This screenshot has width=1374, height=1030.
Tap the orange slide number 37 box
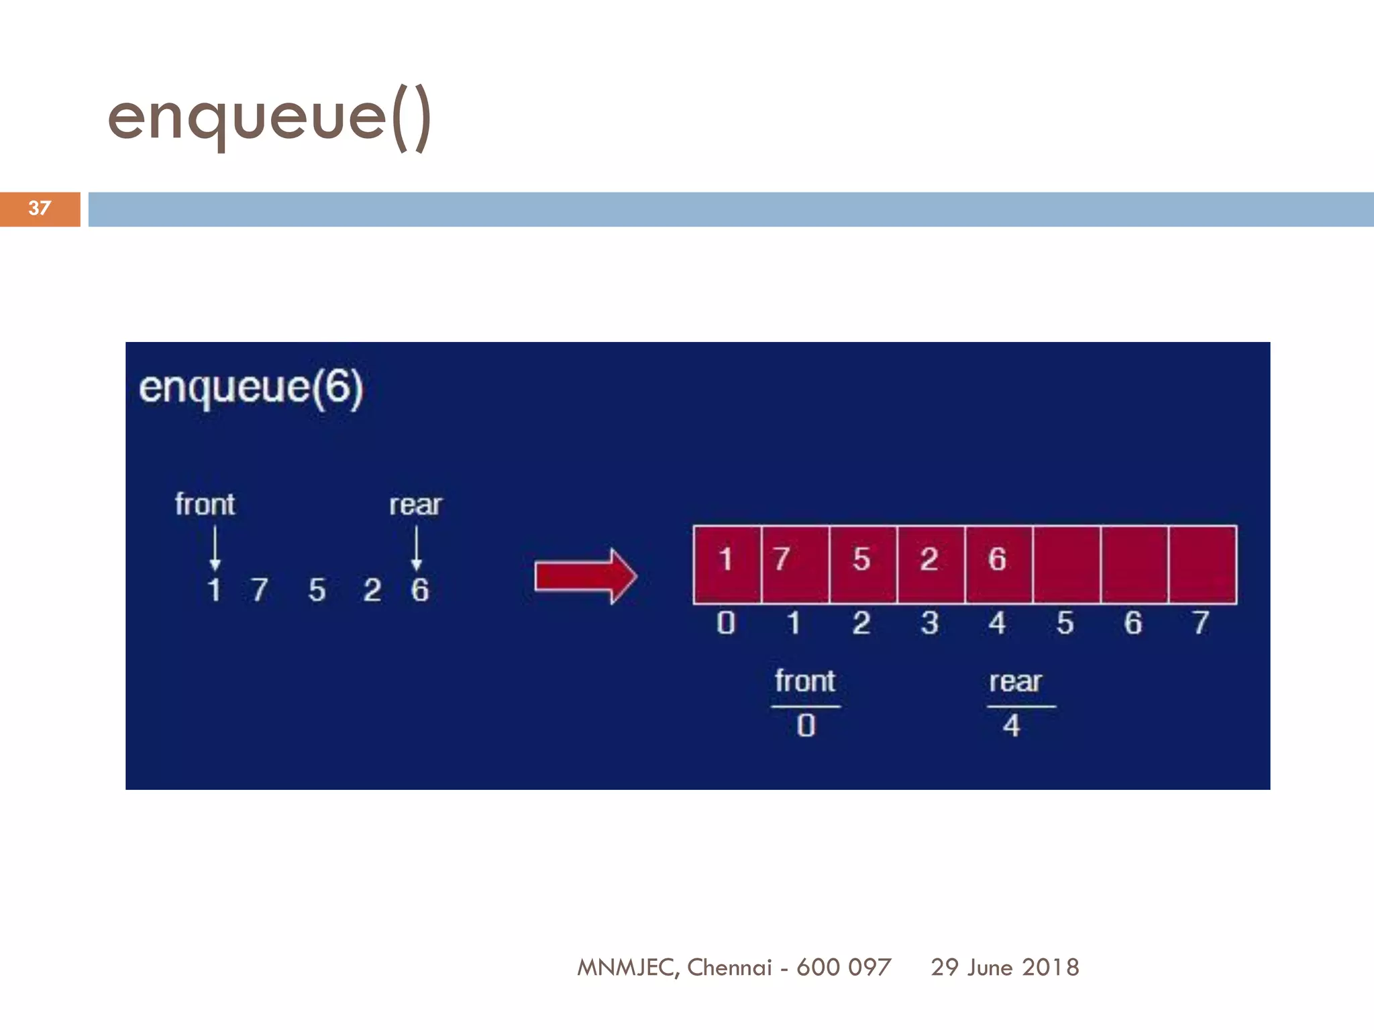pos(40,209)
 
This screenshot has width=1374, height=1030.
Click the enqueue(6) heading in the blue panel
pos(251,388)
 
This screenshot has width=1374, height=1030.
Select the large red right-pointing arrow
pos(586,576)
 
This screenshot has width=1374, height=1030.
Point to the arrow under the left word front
pos(215,548)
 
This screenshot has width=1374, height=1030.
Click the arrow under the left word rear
pos(417,548)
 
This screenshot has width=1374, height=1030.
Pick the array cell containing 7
pos(795,564)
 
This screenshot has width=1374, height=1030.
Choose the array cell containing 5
pos(863,564)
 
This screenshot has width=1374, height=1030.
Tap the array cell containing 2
pos(931,564)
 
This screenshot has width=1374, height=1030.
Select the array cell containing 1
pos(727,564)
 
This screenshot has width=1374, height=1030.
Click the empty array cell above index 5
pos(1067,564)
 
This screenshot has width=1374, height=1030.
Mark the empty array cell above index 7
pos(1202,564)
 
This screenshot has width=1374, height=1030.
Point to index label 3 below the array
pos(930,623)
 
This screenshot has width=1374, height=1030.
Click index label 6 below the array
pos(1133,623)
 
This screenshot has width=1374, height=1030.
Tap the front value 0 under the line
pos(806,726)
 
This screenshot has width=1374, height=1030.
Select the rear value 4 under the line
pos(1012,726)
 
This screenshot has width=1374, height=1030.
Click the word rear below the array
pos(1015,682)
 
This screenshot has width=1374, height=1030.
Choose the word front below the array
pos(805,681)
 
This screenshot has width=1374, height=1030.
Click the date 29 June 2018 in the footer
pos(1004,967)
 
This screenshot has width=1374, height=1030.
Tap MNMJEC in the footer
pos(627,967)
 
